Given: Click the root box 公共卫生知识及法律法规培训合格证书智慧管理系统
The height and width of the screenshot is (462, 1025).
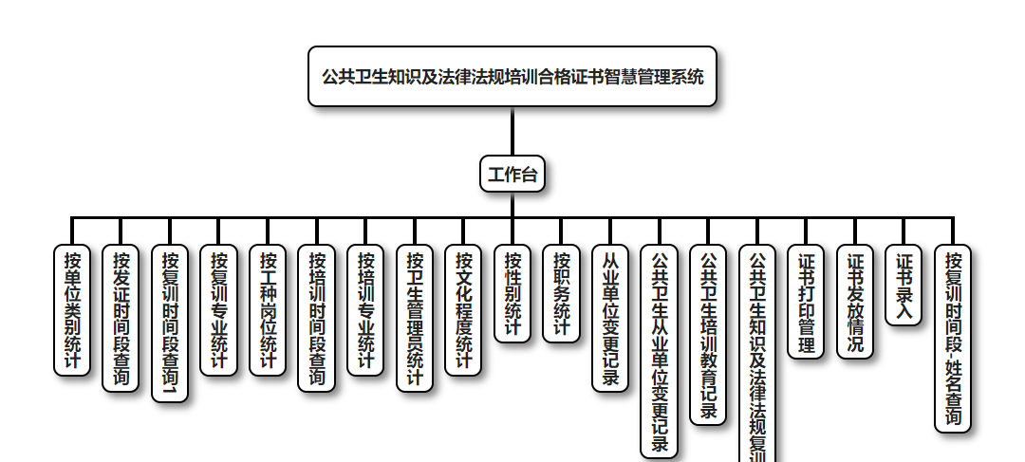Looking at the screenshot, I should point(512,76).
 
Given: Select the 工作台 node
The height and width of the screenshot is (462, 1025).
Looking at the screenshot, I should point(512,174).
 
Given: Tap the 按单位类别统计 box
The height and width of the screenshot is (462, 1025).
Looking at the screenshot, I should point(72,310).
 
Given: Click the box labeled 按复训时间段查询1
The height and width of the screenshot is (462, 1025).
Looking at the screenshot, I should point(170,323).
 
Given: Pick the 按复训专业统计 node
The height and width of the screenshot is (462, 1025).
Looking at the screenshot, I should point(219,310).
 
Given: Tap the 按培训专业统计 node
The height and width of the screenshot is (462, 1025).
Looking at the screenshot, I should point(365,310).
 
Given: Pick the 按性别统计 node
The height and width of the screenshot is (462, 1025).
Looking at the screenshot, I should point(512,293).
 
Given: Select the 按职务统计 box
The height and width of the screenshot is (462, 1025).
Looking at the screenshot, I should point(561,293).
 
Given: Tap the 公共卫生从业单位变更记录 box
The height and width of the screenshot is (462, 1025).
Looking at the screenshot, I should point(660,352).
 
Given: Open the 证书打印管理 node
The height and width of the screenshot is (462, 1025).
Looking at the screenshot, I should point(806,302).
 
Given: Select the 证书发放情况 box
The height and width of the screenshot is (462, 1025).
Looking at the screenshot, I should point(855,302).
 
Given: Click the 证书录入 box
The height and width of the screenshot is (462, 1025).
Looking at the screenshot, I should point(904,286).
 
